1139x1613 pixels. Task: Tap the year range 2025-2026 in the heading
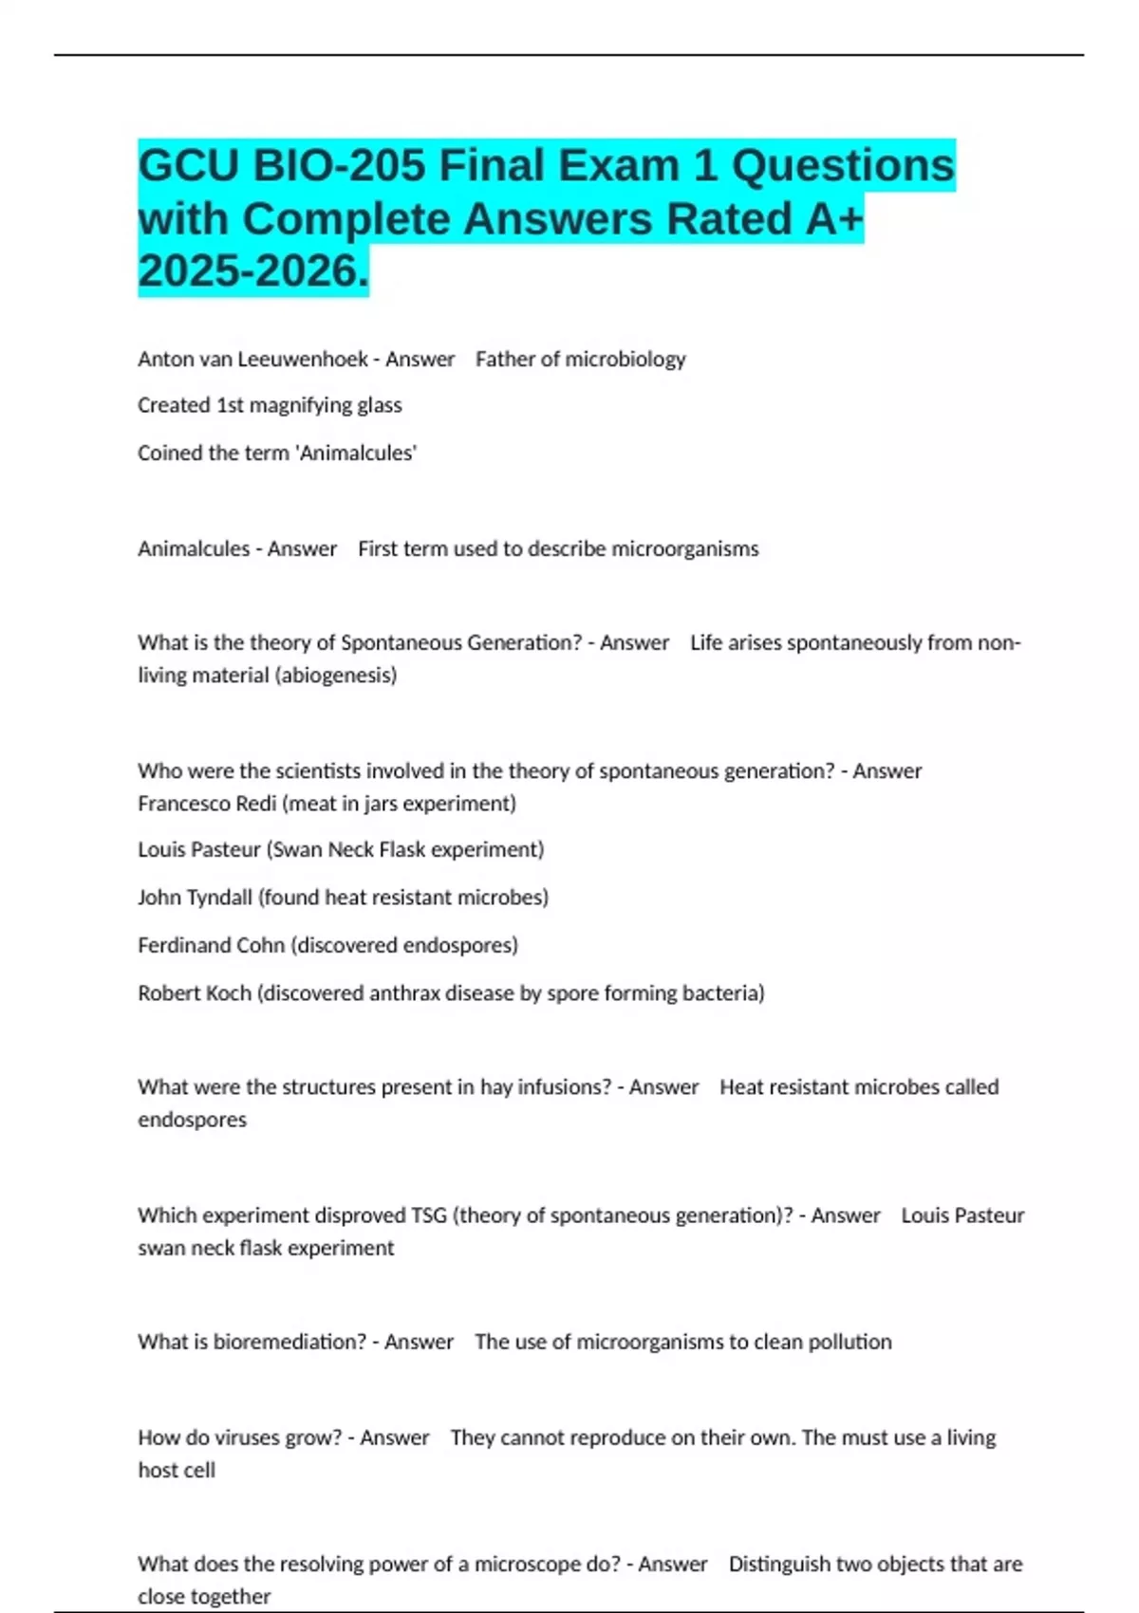(252, 271)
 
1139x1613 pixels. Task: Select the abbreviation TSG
(428, 1215)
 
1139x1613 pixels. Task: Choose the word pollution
(850, 1342)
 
